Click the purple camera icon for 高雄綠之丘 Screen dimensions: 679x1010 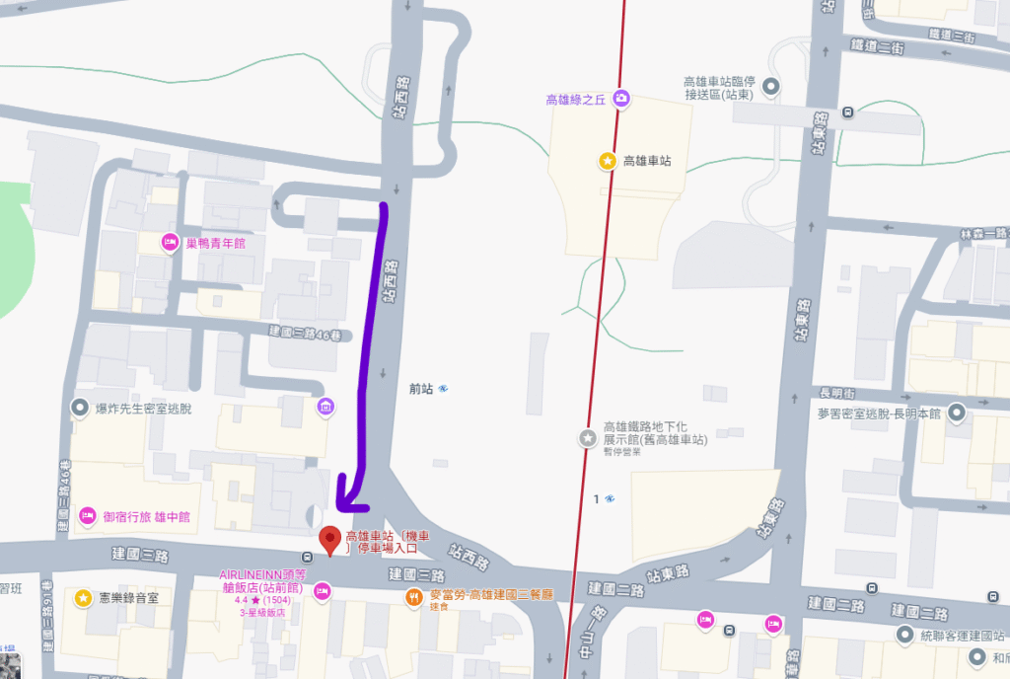621,98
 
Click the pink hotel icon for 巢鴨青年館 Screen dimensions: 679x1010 169,242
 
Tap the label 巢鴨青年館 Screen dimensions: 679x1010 215,243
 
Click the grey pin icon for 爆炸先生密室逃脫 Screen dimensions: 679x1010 79,407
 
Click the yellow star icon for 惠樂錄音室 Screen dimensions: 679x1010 84,597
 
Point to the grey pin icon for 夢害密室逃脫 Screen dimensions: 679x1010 956,415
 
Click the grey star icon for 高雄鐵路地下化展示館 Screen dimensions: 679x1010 588,437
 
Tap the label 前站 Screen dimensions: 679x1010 421,388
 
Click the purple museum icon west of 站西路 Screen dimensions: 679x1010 325,406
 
